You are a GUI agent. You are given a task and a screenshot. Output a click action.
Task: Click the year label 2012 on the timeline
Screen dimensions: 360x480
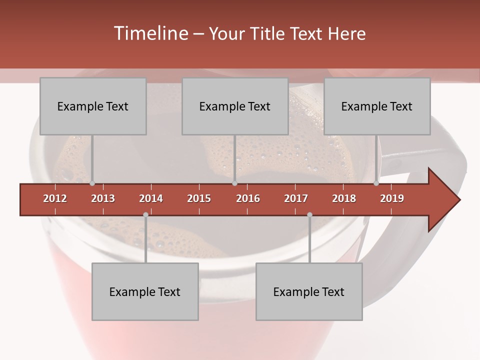tap(55, 198)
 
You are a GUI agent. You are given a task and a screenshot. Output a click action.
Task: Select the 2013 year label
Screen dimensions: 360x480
tap(103, 198)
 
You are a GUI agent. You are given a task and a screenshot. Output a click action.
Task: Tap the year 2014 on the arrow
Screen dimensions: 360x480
tap(151, 198)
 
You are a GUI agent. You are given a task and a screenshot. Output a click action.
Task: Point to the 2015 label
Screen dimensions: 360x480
tap(199, 198)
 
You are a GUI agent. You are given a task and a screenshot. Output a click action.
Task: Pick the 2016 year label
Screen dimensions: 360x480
tap(248, 198)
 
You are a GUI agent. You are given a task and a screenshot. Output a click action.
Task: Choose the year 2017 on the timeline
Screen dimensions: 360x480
tap(296, 198)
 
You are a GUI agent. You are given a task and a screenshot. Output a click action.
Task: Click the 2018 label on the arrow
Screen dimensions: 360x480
tap(344, 198)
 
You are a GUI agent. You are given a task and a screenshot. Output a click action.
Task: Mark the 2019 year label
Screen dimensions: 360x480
tap(392, 198)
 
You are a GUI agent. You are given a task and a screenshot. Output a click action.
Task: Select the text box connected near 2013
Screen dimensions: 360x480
tap(93, 106)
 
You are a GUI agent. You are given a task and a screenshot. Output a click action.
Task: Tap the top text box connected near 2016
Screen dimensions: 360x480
tap(235, 106)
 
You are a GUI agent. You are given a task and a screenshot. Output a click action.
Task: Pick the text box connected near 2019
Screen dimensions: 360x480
tap(377, 106)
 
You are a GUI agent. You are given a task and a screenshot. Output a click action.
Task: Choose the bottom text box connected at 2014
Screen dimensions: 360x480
tap(145, 291)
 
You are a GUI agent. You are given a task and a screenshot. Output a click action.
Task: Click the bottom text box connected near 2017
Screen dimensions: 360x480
tap(309, 291)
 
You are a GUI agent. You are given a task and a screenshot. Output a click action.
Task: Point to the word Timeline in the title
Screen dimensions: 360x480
tap(149, 33)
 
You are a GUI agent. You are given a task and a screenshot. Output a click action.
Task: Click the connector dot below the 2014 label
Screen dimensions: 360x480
tap(145, 215)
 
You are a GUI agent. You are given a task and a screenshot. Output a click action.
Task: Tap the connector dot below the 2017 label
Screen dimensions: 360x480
tap(309, 215)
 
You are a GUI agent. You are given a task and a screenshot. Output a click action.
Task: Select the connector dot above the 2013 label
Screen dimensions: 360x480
tap(92, 183)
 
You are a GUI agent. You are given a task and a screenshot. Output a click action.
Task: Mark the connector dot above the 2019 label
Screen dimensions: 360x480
tap(376, 183)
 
